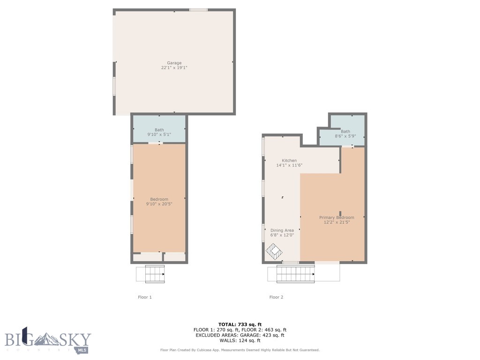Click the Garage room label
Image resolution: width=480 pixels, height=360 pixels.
174,63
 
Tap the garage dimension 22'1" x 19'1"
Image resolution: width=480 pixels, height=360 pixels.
174,68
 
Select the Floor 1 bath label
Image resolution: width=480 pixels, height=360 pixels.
159,130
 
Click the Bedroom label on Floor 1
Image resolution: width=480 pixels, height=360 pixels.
159,199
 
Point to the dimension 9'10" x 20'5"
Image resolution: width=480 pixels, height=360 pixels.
159,204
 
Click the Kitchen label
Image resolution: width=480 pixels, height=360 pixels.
289,160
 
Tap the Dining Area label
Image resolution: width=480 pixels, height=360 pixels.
282,230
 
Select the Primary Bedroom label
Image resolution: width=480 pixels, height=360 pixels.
337,217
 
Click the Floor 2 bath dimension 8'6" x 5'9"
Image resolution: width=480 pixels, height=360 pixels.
345,136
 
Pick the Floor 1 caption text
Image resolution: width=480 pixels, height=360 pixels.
144,297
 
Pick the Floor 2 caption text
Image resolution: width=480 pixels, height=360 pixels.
276,297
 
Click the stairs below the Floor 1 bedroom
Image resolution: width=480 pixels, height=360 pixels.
155,274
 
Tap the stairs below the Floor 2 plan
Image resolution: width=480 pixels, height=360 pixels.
295,273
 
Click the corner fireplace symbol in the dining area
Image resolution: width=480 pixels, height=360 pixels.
274,252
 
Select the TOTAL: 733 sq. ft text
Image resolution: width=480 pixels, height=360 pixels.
240,324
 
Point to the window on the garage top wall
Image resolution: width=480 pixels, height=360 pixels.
198,9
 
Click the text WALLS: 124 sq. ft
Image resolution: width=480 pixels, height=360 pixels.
240,340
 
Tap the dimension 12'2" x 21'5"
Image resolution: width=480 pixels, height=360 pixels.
337,222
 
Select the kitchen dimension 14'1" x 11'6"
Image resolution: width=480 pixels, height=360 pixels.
289,165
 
